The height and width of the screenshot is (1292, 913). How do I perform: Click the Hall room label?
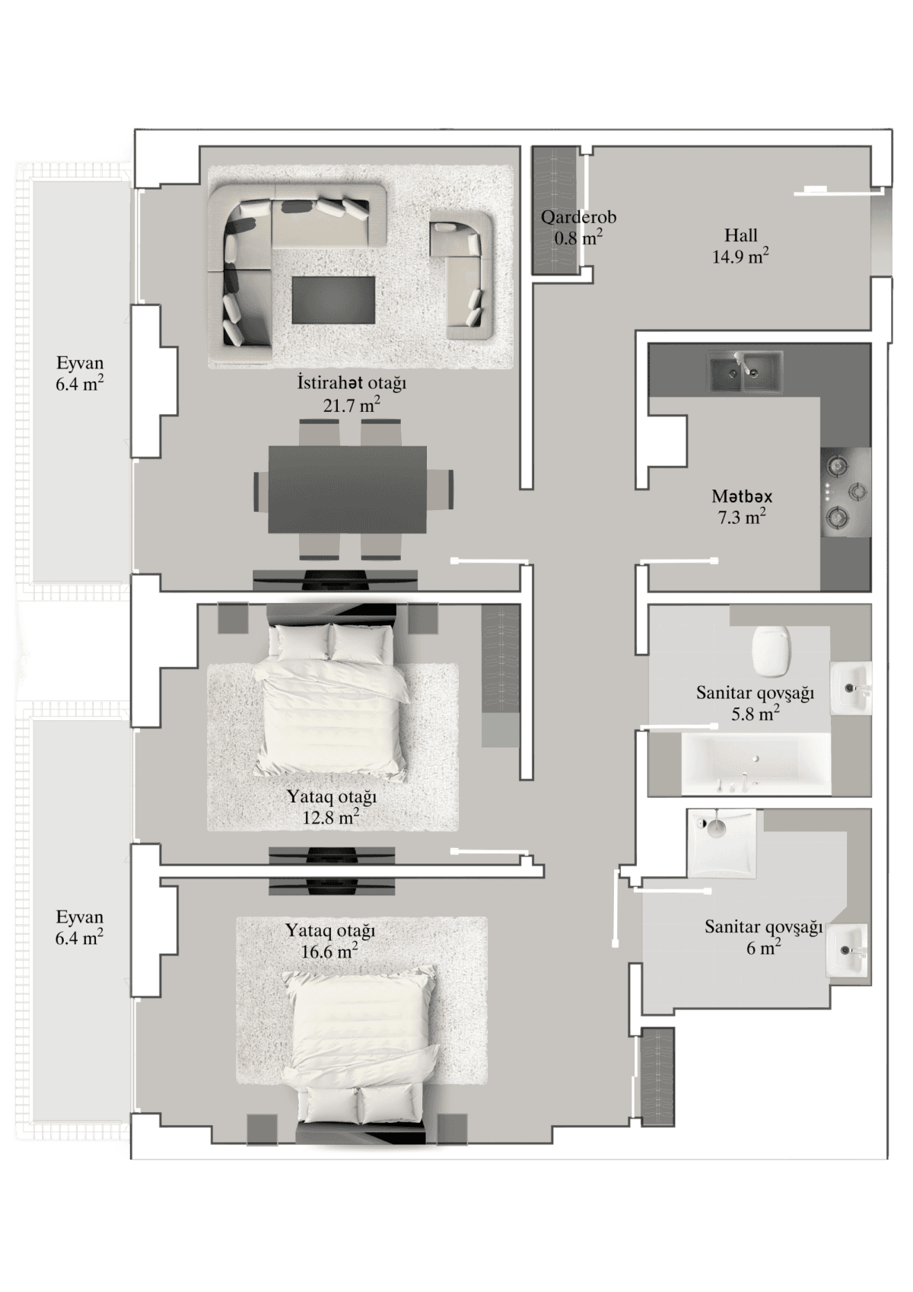[740, 236]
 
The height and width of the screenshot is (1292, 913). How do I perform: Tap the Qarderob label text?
[578, 218]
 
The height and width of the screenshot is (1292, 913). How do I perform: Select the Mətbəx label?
[742, 496]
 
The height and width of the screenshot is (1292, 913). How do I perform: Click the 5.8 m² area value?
[754, 714]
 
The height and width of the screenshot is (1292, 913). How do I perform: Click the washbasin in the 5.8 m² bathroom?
[850, 688]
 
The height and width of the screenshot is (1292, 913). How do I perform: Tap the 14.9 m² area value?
[740, 257]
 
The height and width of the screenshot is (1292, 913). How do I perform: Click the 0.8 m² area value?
[578, 238]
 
